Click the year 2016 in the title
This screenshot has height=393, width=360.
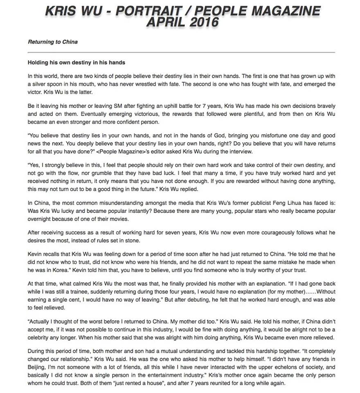coord(200,21)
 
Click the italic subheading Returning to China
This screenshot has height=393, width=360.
coord(53,42)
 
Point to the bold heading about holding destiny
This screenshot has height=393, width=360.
coord(76,63)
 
